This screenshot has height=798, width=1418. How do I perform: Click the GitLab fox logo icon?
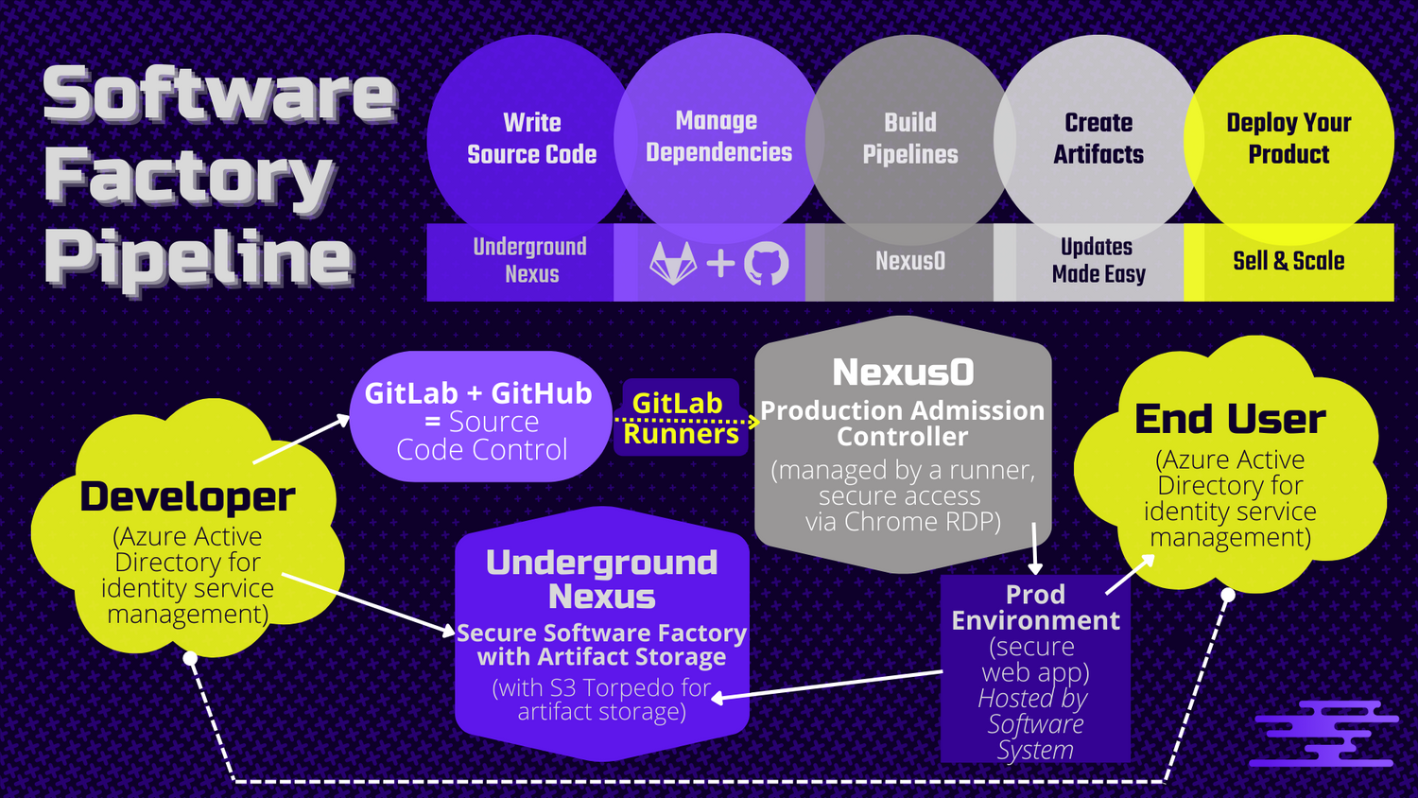pos(673,263)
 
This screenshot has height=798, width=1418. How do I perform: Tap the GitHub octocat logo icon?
pos(766,263)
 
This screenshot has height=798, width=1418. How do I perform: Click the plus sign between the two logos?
pos(720,263)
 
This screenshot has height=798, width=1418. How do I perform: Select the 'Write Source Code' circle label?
pos(531,138)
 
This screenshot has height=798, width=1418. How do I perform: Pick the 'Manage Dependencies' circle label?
pos(718,136)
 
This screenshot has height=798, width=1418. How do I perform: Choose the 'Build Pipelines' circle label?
pos(909,138)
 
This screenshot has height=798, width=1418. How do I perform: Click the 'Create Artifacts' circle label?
pos(1098,138)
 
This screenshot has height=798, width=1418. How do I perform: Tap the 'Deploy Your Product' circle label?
pos(1288,138)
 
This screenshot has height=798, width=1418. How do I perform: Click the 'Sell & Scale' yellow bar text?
pos(1288,261)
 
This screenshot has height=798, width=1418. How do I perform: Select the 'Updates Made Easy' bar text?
pos(1098,260)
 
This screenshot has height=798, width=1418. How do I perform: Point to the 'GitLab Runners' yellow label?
pos(680,418)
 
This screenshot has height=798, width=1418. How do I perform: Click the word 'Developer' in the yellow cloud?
pos(187,496)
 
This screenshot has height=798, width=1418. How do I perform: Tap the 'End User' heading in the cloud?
pos(1230,419)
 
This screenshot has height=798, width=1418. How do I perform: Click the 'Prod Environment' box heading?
pos(1035,607)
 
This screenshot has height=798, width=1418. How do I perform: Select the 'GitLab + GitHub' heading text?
pos(478,393)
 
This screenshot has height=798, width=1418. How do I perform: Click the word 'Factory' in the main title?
pos(189,177)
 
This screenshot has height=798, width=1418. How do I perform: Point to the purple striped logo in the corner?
pos(1323,733)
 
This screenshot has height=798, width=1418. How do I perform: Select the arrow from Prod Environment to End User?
pos(1130,574)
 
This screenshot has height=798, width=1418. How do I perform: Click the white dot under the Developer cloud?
pos(190,658)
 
